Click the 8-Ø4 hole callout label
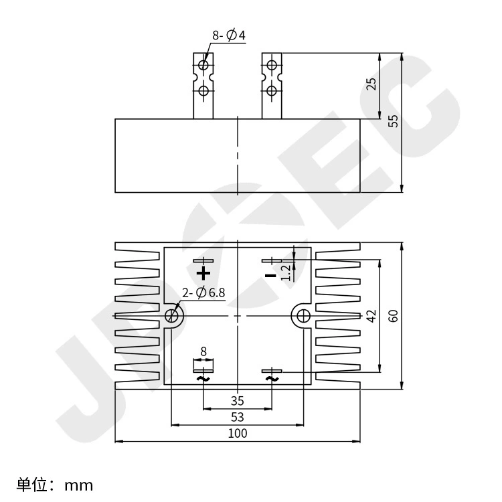pyautogui.click(x=229, y=35)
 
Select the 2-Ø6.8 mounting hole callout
pyautogui.click(x=203, y=292)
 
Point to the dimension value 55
pyautogui.click(x=393, y=120)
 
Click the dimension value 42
pyautogui.click(x=371, y=316)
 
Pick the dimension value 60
pyautogui.click(x=393, y=316)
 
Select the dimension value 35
pyautogui.click(x=237, y=401)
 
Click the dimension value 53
pyautogui.click(x=237, y=417)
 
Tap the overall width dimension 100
pyautogui.click(x=238, y=434)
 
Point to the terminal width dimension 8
pyautogui.click(x=203, y=352)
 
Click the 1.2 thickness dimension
pyautogui.click(x=286, y=272)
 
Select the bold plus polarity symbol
pyautogui.click(x=203, y=273)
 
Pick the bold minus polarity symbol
pyautogui.click(x=270, y=275)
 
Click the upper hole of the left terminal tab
pyautogui.click(x=203, y=65)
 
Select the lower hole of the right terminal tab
pyautogui.click(x=272, y=90)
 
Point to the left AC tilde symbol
pyautogui.click(x=203, y=379)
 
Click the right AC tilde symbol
pyautogui.click(x=272, y=379)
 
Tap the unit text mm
pyautogui.click(x=79, y=486)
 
